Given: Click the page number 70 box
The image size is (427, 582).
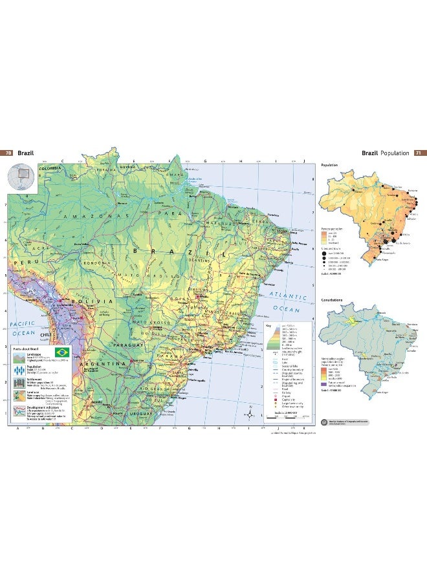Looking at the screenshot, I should [x=8, y=153].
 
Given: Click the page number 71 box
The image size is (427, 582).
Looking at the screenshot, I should [x=418, y=153].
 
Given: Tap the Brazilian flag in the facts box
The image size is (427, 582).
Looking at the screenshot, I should [x=62, y=352].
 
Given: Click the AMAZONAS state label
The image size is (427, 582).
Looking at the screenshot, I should [x=91, y=214].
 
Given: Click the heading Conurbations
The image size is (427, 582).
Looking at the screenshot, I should [x=332, y=300].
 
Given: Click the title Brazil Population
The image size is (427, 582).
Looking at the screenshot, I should [x=386, y=153].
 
